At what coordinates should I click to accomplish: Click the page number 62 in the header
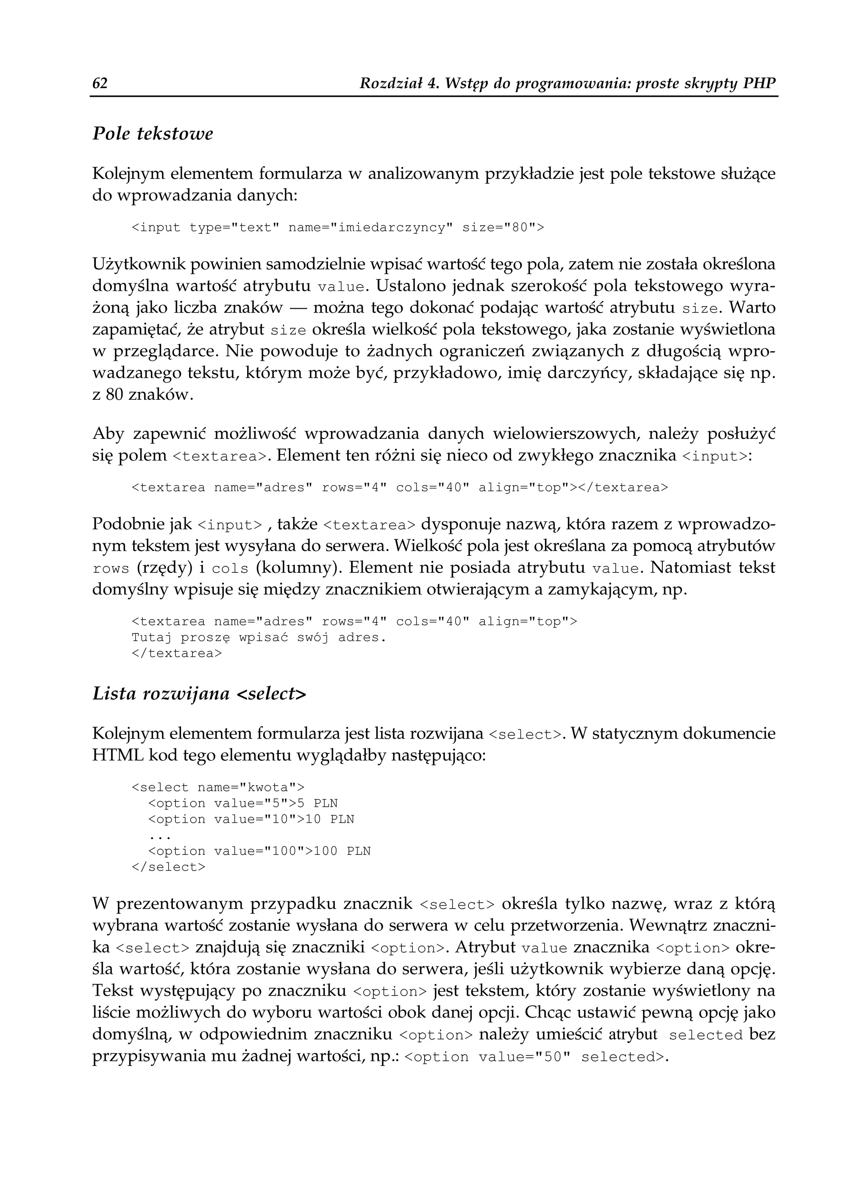(x=100, y=83)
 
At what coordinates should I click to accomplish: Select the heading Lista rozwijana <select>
(x=199, y=694)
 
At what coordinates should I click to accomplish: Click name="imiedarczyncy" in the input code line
(x=370, y=228)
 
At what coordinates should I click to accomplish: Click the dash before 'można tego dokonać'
(x=298, y=308)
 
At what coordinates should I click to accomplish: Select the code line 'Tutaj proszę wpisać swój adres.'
(x=259, y=638)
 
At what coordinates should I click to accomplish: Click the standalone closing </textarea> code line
(x=177, y=653)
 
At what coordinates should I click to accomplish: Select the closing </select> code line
(x=168, y=867)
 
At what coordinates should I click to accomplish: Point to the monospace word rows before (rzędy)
(x=111, y=569)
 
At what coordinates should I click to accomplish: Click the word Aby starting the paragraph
(x=108, y=434)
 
